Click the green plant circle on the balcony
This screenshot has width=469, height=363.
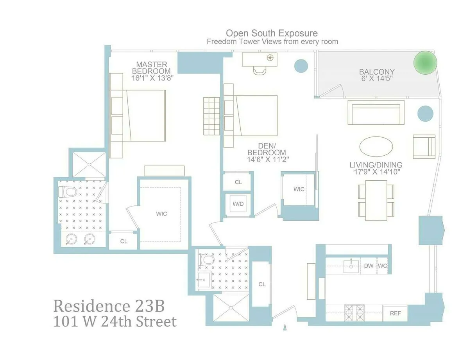pyautogui.click(x=425, y=62)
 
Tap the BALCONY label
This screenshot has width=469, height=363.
pyautogui.click(x=377, y=72)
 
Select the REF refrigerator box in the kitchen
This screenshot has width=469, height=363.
pyautogui.click(x=395, y=313)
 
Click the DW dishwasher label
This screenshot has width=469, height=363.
pyautogui.click(x=369, y=266)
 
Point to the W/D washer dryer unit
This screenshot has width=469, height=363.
pyautogui.click(x=238, y=204)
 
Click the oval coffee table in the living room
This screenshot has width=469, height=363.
pyautogui.click(x=376, y=147)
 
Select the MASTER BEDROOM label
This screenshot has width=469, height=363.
pyautogui.click(x=151, y=68)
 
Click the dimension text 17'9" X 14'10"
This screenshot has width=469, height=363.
pyautogui.click(x=376, y=171)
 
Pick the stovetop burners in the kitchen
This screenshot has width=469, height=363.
pyautogui.click(x=354, y=313)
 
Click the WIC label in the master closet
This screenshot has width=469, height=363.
pyautogui.click(x=161, y=214)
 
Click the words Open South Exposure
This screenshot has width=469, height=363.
pyautogui.click(x=272, y=33)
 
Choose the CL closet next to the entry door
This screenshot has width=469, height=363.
pyautogui.click(x=262, y=284)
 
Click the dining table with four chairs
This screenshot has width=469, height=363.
pyautogui.click(x=376, y=198)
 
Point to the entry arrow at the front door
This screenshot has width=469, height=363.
pyautogui.click(x=285, y=326)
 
